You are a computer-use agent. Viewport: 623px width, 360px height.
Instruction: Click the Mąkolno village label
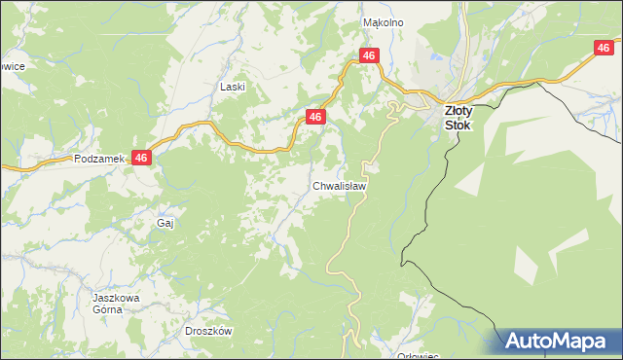click(x=383, y=21)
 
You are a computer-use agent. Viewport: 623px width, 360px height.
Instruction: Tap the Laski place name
click(x=232, y=87)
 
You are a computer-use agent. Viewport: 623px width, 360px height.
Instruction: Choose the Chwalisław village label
click(x=340, y=185)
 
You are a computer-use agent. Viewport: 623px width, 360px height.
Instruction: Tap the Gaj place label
click(x=165, y=223)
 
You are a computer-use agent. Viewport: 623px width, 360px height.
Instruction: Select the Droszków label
click(x=208, y=331)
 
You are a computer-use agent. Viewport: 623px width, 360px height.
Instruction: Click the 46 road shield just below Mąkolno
click(x=368, y=56)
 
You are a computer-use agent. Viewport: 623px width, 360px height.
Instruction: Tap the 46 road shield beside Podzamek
click(x=142, y=158)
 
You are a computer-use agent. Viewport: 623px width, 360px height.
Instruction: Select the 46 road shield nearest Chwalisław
click(x=314, y=117)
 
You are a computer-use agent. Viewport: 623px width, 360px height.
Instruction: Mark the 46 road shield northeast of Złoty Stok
click(x=605, y=47)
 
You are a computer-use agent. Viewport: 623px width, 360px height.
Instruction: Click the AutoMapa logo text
click(x=559, y=342)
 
